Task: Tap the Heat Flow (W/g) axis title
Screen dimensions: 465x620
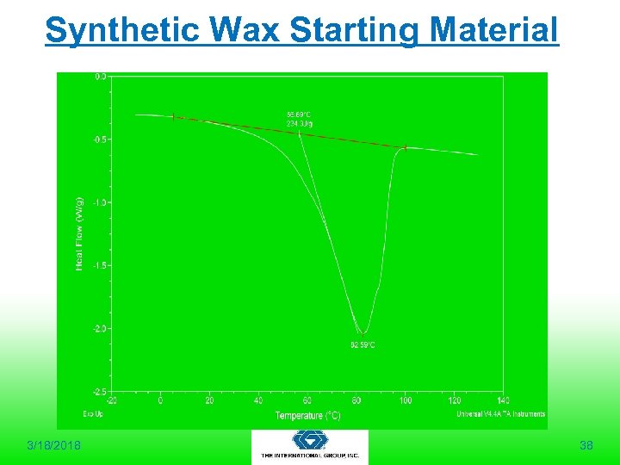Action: (x=80, y=231)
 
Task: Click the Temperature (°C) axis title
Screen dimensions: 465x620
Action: (x=307, y=415)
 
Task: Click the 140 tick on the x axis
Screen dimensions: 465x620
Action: (x=504, y=400)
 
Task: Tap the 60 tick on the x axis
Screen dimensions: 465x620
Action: (x=307, y=400)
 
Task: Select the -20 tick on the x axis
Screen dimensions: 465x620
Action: (x=111, y=400)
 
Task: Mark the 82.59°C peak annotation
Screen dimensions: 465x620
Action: (x=362, y=344)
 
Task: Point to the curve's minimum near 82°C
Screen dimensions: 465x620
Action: (x=363, y=332)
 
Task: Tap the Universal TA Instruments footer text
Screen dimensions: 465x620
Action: (x=500, y=414)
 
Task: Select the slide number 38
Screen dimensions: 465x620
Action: (x=586, y=445)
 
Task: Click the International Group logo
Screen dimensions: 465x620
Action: (x=310, y=446)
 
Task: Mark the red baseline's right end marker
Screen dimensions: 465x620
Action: (x=405, y=148)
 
